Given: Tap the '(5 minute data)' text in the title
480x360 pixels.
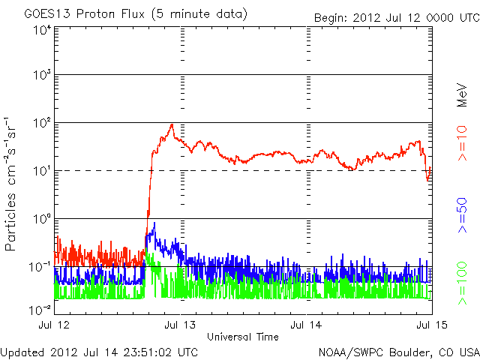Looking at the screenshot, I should (200, 14).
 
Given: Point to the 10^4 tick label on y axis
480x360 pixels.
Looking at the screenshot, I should (41, 31).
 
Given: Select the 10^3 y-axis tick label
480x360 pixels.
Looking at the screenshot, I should (41, 76).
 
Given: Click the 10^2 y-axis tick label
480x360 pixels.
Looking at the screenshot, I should (41, 124).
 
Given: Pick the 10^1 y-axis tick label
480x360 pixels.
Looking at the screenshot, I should (41, 172).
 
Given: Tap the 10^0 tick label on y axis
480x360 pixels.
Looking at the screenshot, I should (41, 220).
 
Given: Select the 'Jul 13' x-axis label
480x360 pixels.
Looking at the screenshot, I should (180, 325).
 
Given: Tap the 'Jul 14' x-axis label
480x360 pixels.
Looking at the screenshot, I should (306, 325).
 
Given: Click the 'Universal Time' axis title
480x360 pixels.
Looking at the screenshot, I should (243, 337).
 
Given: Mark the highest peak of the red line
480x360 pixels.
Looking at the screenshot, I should (172, 124).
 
